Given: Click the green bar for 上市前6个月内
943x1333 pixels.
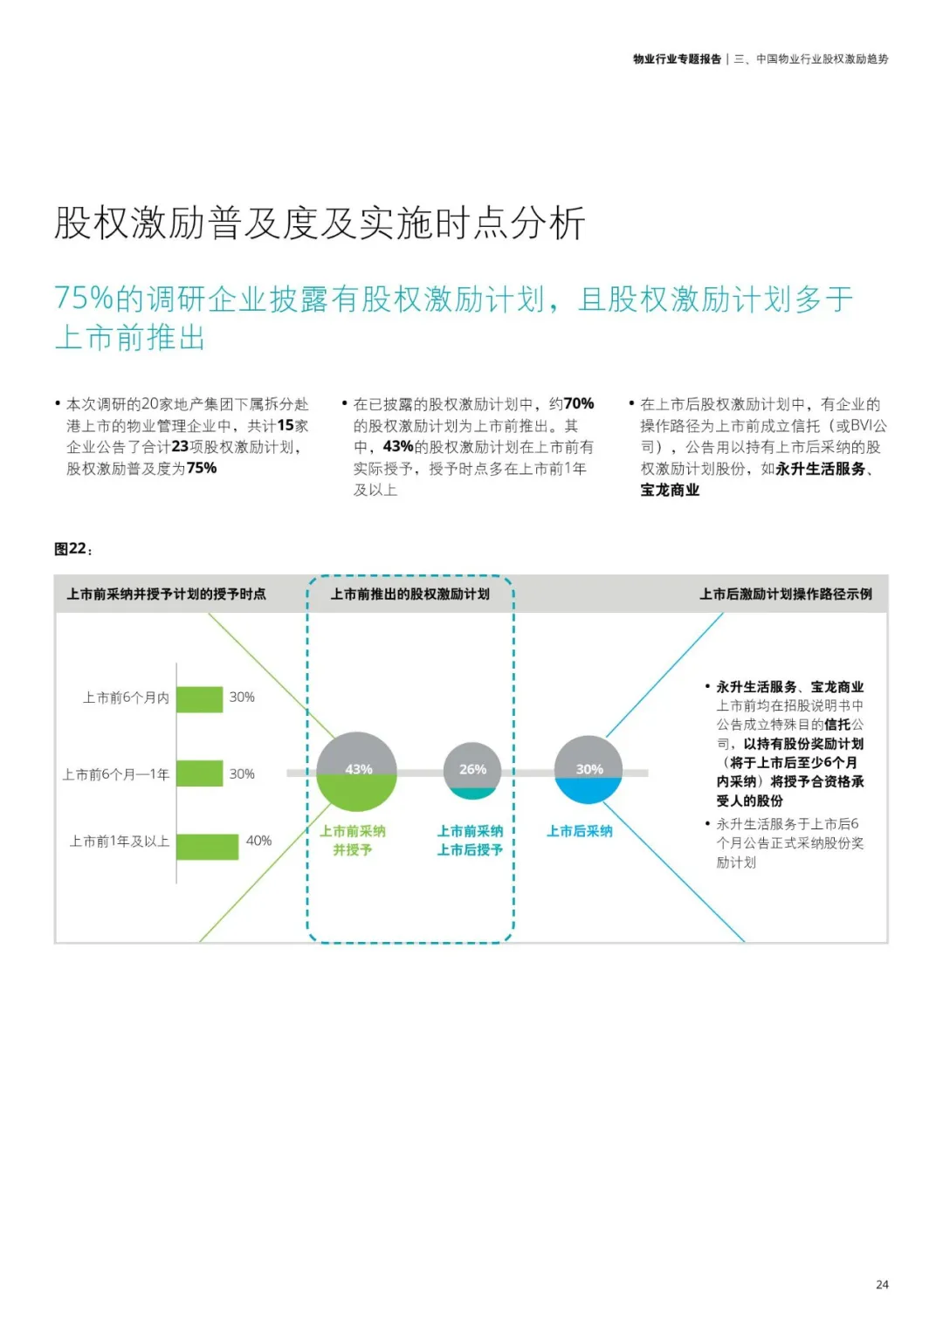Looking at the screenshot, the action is (200, 699).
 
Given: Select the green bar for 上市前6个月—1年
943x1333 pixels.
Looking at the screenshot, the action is (200, 773).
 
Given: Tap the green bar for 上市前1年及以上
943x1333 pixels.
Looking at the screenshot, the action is (208, 846).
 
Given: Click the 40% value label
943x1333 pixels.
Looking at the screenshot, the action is (259, 841).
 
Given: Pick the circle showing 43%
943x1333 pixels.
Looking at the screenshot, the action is (357, 772).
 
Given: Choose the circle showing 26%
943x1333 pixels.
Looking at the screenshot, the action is (472, 770).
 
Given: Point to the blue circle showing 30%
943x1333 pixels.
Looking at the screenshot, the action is (589, 770).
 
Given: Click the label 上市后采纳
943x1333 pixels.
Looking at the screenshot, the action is (580, 831).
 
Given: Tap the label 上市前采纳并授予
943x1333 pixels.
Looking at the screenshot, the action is (353, 840).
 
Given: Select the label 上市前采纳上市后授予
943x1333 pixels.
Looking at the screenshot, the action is (470, 840).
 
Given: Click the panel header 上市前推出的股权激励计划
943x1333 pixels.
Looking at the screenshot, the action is (410, 594).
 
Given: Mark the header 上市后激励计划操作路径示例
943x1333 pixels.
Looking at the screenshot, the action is (785, 594).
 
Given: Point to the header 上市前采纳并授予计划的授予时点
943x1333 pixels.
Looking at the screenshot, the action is (166, 594).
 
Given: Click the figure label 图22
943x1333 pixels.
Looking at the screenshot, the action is (72, 549).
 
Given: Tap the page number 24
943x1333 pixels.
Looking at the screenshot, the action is (882, 1284).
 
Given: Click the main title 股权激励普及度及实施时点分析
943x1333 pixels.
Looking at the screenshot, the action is (320, 223).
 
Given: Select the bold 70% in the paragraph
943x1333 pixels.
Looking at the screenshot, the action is (579, 403).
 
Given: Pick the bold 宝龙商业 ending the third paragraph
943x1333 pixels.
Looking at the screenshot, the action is (670, 490).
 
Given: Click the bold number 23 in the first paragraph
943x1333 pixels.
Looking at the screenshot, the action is (180, 446).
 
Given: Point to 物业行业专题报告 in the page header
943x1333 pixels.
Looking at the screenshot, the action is (677, 59).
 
